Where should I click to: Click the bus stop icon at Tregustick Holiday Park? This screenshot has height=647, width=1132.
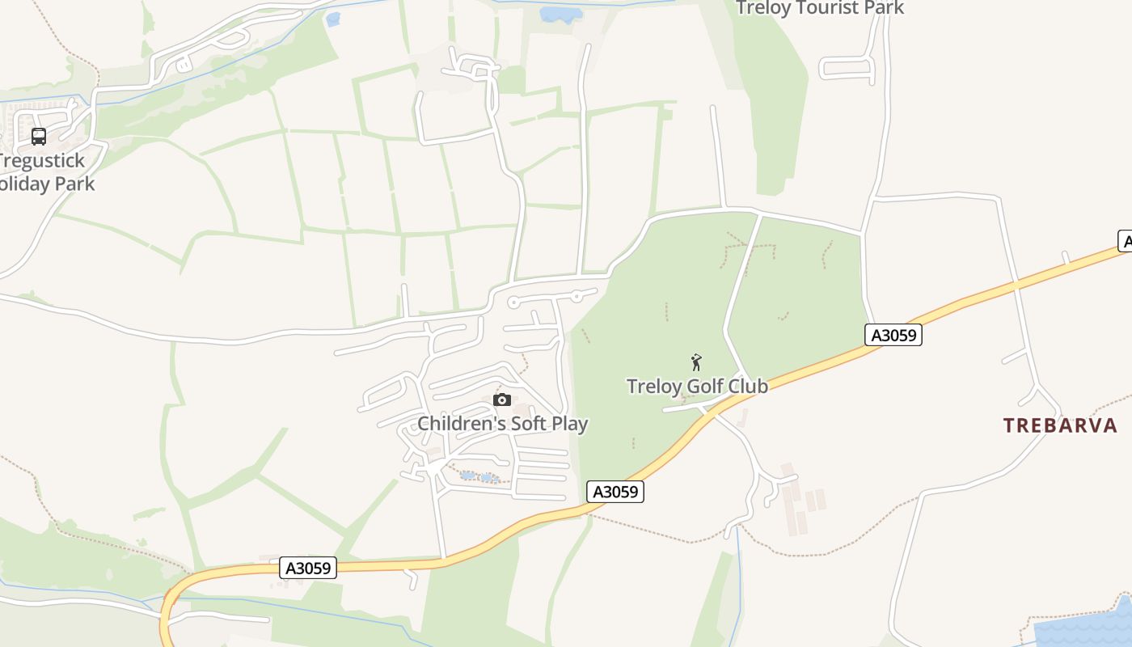(x=39, y=136)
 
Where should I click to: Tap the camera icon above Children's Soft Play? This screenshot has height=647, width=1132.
(x=502, y=400)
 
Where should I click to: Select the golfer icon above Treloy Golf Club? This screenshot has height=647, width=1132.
(x=696, y=362)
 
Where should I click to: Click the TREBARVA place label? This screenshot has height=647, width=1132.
(x=1060, y=425)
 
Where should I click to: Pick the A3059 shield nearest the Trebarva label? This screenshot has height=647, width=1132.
(x=893, y=335)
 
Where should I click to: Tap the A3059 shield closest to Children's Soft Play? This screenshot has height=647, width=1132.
(x=616, y=492)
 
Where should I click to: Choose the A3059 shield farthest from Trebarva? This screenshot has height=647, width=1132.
(x=308, y=568)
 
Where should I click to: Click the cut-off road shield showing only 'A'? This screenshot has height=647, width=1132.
(x=1125, y=241)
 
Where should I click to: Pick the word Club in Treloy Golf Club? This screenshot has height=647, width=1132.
(x=748, y=387)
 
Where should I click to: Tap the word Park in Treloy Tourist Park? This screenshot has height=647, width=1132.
(x=885, y=8)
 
